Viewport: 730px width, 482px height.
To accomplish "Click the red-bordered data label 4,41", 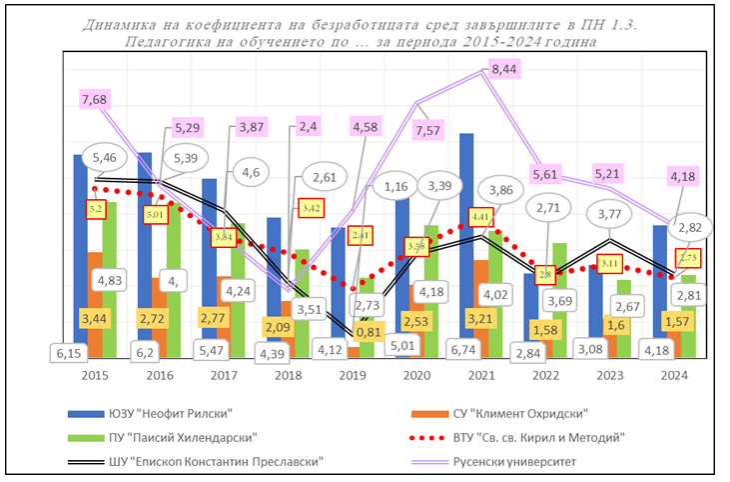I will [481, 216].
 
